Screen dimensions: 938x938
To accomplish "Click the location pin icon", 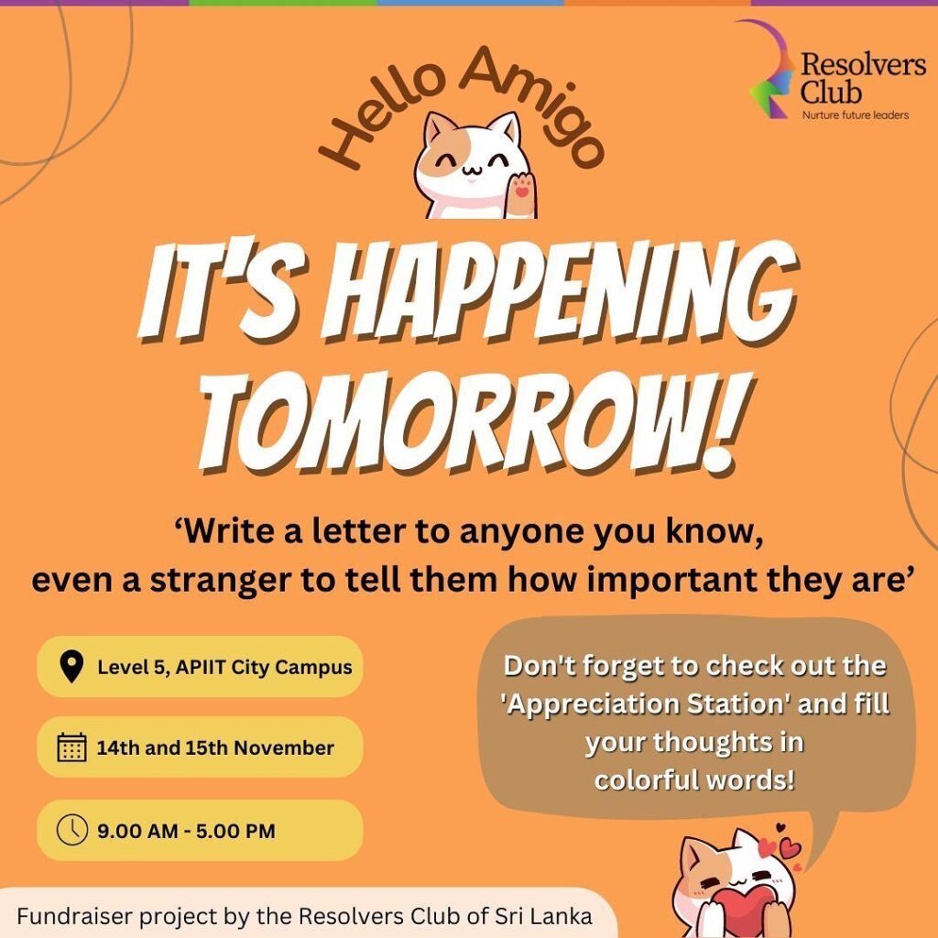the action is (71, 667).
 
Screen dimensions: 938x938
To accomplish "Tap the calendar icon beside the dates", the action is (71, 747).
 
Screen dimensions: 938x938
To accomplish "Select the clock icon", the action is (71, 830).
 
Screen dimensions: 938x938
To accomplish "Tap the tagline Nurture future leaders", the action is (855, 115).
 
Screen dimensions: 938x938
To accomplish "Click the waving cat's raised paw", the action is (521, 194).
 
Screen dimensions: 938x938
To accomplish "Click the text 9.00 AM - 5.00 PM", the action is (186, 831).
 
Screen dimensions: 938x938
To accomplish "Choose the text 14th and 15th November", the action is (215, 747).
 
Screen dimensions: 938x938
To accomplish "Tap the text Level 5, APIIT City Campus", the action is (225, 667).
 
